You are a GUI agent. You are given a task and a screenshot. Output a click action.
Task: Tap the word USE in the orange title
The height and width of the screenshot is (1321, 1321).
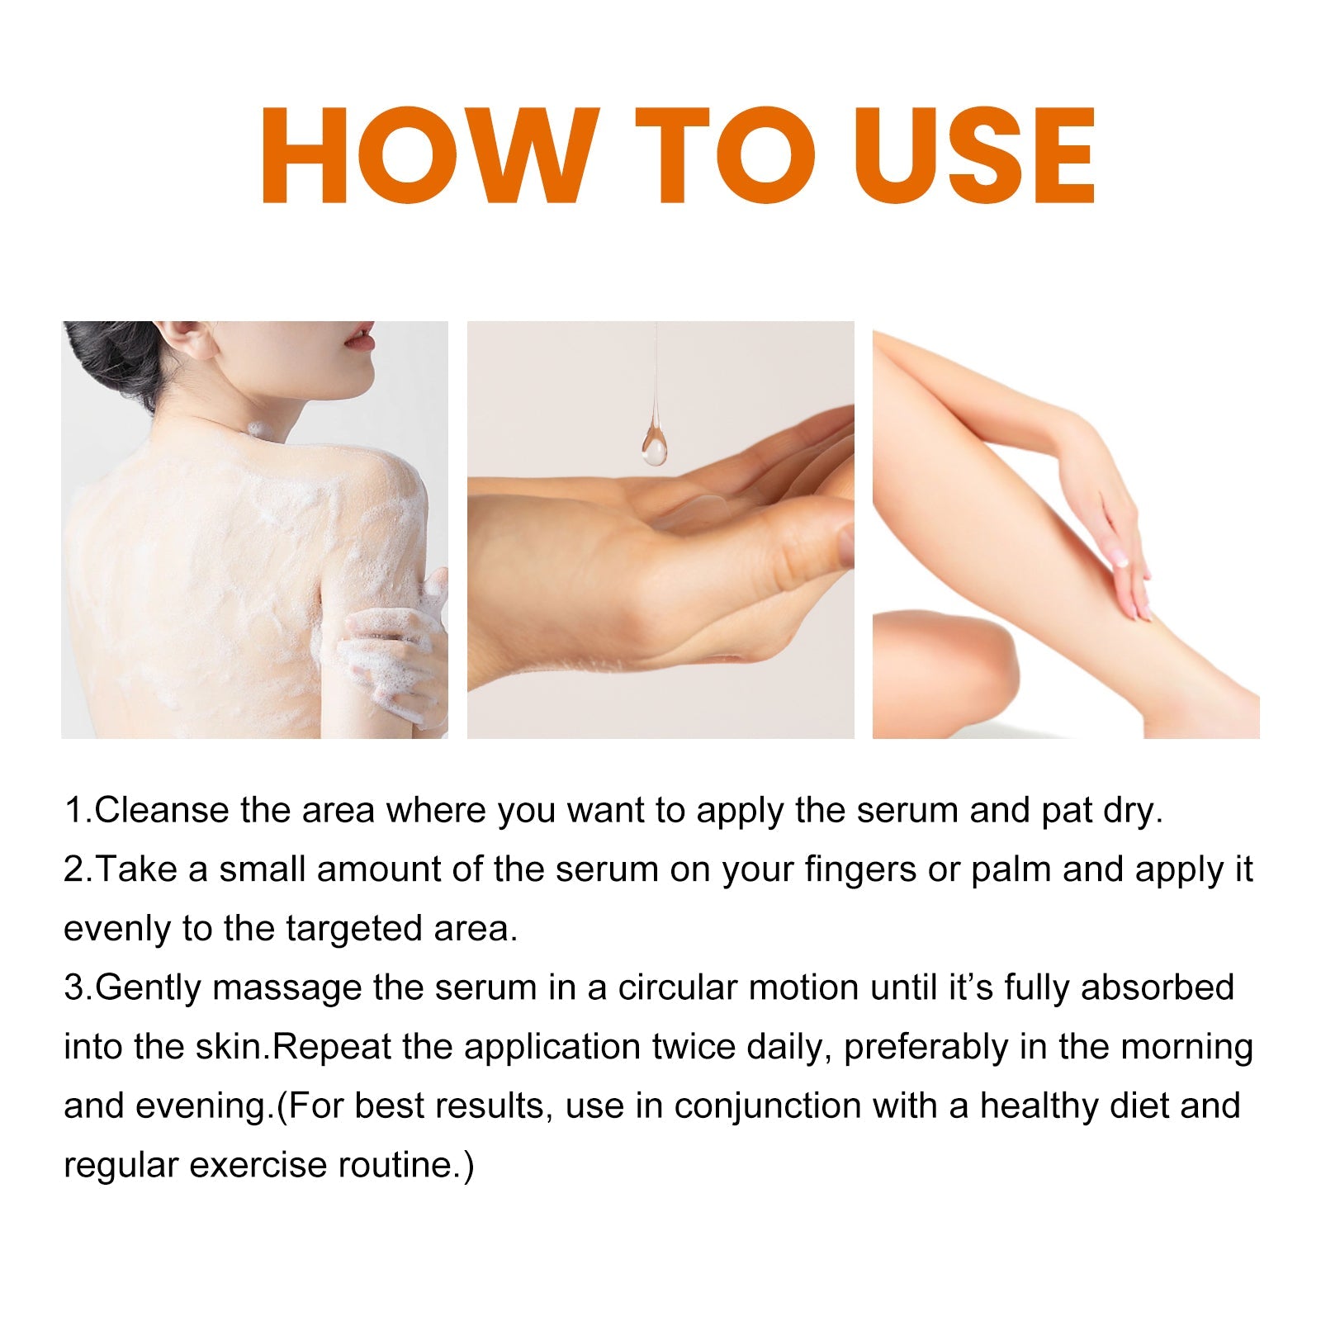point(981,155)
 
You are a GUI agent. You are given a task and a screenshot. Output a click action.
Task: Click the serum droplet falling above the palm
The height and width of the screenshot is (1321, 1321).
point(654,444)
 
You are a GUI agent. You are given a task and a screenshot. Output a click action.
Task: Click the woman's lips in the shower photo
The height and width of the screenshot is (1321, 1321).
point(361,336)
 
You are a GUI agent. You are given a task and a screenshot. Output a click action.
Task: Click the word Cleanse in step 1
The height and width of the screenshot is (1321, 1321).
point(162,810)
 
